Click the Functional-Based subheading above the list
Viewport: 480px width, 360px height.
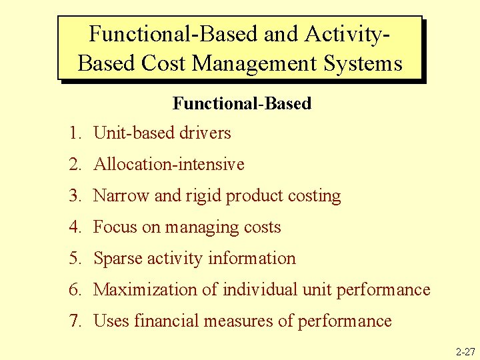pos(242,103)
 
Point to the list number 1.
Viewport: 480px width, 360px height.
pos(74,133)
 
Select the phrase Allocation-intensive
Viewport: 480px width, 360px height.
pos(169,165)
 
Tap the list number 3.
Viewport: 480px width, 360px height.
pos(74,196)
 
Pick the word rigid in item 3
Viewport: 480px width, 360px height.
pos(199,196)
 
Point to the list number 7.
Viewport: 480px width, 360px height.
pos(74,321)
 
